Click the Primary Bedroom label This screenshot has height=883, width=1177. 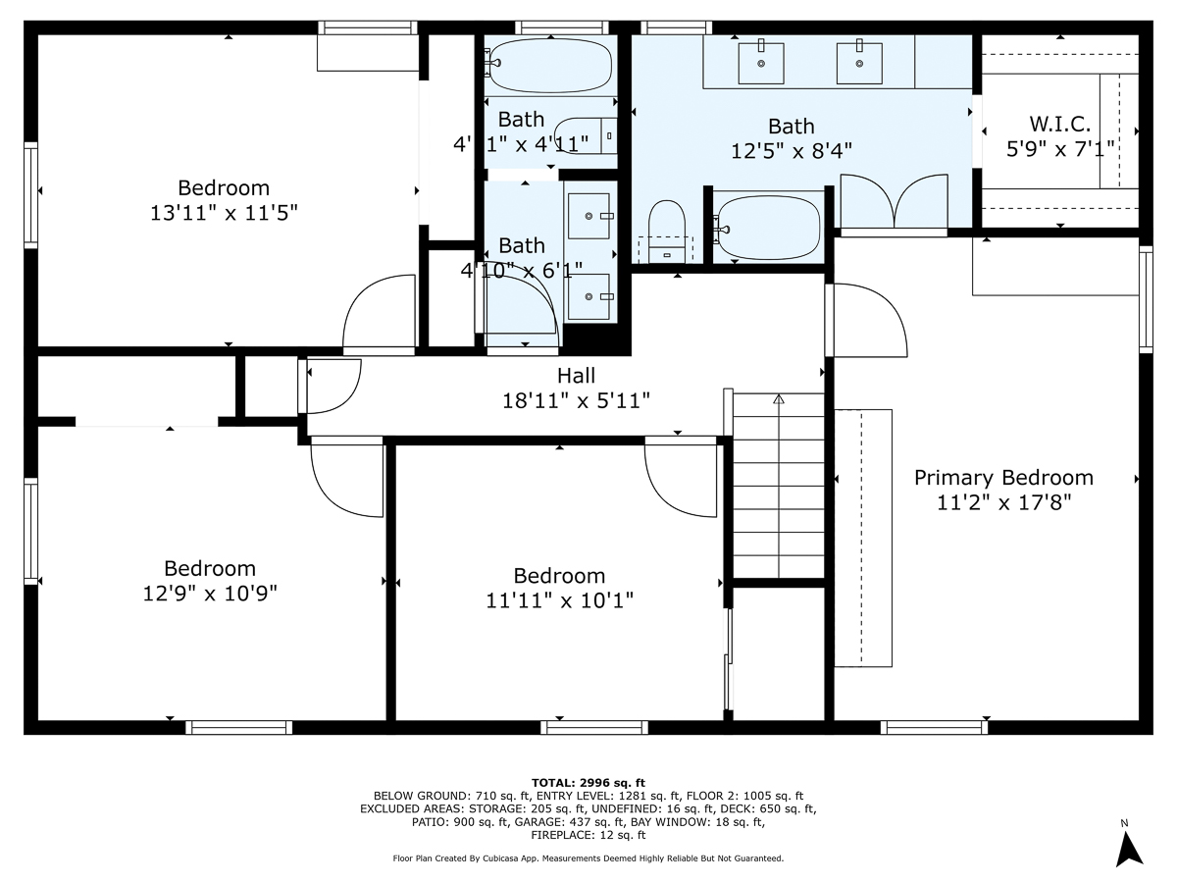[1003, 478]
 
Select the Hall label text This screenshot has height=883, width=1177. [576, 376]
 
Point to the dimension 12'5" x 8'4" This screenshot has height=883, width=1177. [792, 151]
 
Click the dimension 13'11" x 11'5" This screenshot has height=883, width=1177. [224, 212]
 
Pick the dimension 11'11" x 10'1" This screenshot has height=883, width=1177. [559, 600]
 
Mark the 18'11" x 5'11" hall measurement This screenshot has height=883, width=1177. [576, 400]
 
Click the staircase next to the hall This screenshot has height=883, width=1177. [779, 486]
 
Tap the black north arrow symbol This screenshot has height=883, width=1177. [1130, 849]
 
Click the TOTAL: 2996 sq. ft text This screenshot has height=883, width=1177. [588, 781]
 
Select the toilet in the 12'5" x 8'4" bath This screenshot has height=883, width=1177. [667, 226]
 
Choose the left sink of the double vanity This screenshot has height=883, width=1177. [762, 63]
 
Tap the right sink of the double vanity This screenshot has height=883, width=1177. [859, 63]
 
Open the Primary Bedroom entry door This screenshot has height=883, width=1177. [868, 319]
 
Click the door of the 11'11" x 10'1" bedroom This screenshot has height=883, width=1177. [682, 476]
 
